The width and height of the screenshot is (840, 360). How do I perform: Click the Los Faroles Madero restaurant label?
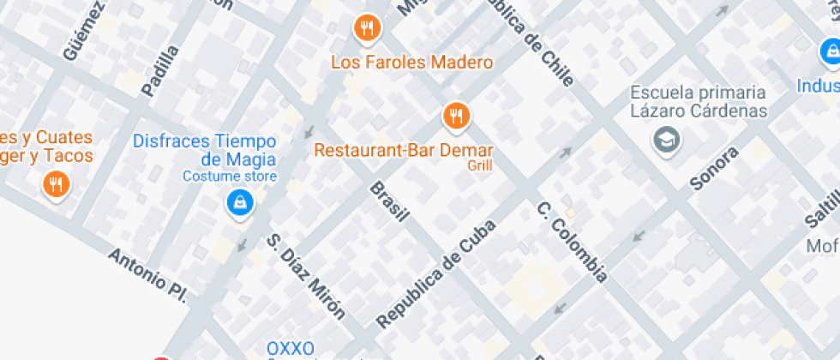click(x=411, y=63)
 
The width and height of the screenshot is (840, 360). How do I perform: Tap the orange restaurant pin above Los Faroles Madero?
click(x=367, y=28)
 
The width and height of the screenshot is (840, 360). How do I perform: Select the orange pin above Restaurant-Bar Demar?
click(x=455, y=115)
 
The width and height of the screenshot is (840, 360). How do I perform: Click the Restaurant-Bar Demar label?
click(x=403, y=149)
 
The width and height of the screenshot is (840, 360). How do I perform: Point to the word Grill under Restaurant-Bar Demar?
click(x=480, y=165)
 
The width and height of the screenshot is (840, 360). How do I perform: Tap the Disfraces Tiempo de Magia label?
click(x=216, y=150)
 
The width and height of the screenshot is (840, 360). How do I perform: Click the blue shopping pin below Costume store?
click(x=239, y=203)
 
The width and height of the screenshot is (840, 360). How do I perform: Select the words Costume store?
click(x=230, y=177)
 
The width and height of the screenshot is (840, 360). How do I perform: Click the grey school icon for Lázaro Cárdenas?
click(x=665, y=139)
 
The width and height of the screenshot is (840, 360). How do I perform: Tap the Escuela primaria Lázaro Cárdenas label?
click(x=698, y=101)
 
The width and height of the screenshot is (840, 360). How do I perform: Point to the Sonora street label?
click(x=714, y=168)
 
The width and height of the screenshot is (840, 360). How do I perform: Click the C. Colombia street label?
click(x=572, y=242)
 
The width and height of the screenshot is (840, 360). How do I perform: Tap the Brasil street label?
click(x=388, y=201)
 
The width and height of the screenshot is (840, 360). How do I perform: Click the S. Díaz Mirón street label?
click(x=305, y=276)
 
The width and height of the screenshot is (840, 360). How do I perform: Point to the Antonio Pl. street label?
click(x=147, y=274)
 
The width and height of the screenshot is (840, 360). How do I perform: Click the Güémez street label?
click(x=83, y=31)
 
